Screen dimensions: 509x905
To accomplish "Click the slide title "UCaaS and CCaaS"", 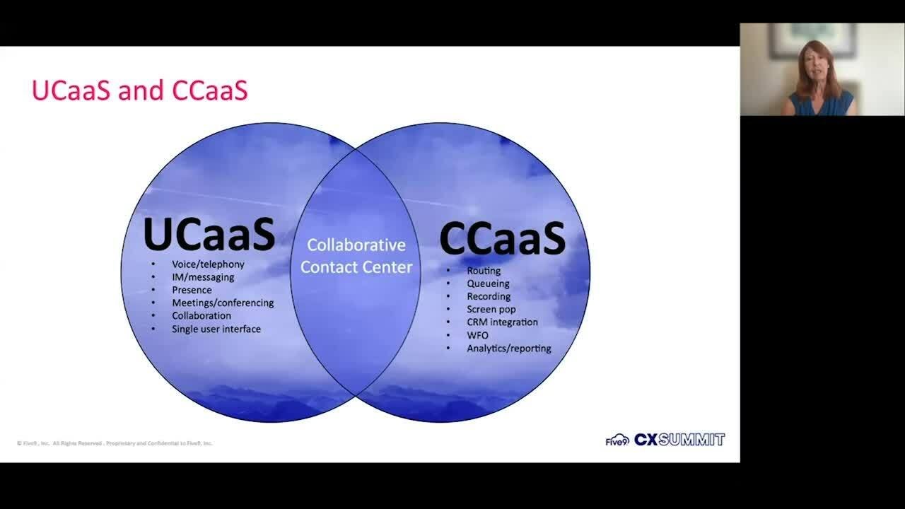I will click(140, 91).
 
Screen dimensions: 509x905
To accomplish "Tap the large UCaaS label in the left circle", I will click(209, 235).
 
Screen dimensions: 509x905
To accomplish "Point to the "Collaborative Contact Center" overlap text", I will click(356, 256).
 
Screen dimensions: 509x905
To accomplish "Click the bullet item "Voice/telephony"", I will click(208, 264).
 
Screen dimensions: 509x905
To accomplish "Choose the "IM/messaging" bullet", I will click(203, 277).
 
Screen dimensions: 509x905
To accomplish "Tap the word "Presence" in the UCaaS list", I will click(192, 290).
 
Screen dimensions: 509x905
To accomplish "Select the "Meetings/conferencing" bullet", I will click(223, 303).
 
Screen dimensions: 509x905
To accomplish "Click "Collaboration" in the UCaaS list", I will click(202, 315).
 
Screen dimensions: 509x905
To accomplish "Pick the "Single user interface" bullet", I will click(216, 329).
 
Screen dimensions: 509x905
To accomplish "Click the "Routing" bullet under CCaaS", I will click(484, 271).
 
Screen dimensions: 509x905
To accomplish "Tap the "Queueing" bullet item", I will click(488, 283).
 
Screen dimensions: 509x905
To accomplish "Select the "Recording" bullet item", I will click(489, 296).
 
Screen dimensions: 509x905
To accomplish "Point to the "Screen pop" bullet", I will click(491, 309).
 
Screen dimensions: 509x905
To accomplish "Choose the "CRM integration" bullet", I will click(502, 322).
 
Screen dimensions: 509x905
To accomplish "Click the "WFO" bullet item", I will click(477, 335).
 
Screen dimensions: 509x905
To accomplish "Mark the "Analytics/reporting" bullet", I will click(509, 348).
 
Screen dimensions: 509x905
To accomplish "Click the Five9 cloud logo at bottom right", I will click(617, 440).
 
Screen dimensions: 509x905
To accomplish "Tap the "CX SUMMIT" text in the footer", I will click(679, 440).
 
